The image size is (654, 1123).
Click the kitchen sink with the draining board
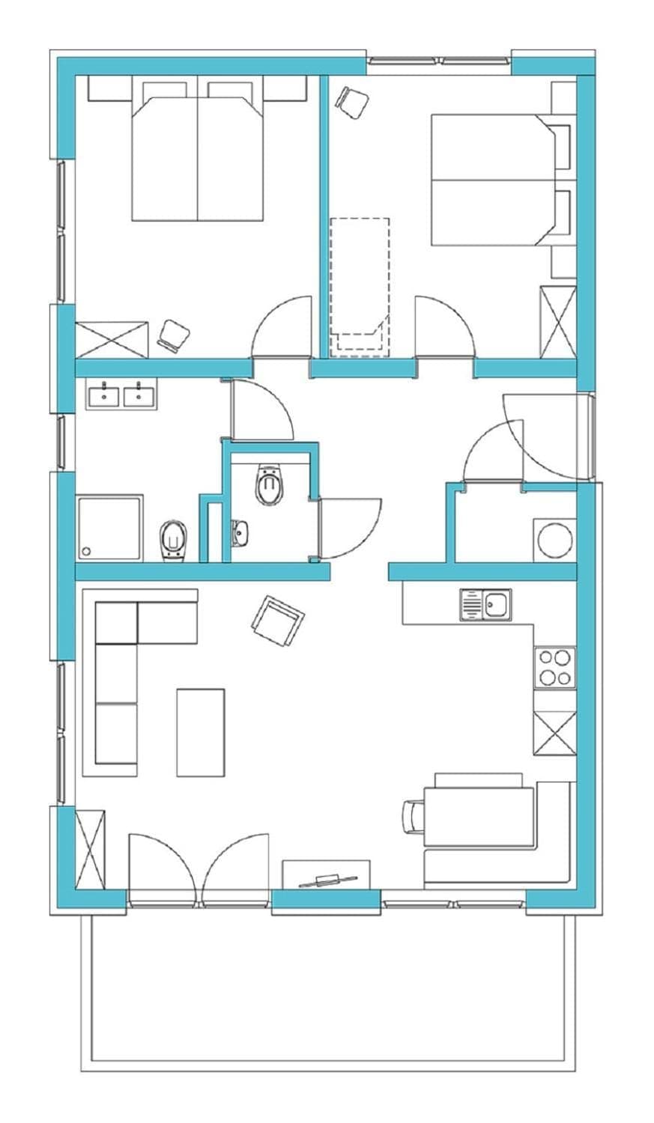click(x=485, y=604)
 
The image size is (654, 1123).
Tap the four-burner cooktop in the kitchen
click(x=554, y=667)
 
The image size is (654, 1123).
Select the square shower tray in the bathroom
click(x=109, y=527)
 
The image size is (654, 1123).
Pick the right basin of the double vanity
click(x=139, y=395)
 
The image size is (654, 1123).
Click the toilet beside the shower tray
click(x=173, y=539)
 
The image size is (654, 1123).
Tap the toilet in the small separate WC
click(x=270, y=485)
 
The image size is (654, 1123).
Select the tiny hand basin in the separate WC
click(x=239, y=533)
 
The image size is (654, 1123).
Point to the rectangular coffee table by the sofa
click(x=200, y=732)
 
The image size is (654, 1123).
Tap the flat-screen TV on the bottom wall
click(x=327, y=880)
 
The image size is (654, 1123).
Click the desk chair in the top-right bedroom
click(x=352, y=101)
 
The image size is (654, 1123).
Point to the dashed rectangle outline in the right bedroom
click(x=360, y=284)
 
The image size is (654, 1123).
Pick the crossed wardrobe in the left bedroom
click(x=112, y=339)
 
